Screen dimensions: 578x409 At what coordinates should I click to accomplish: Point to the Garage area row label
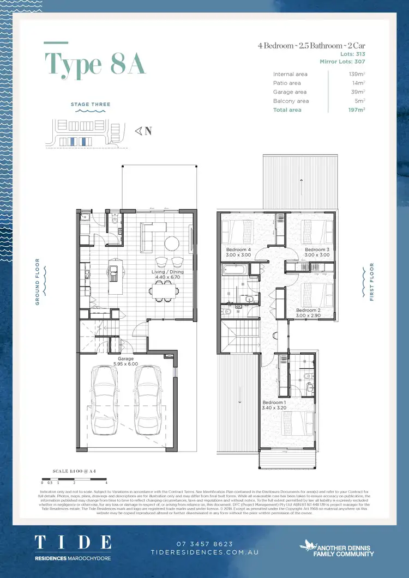[290, 92]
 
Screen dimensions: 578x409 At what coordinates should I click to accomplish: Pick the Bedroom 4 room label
[238, 252]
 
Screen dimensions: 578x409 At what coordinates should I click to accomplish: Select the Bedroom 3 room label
[317, 252]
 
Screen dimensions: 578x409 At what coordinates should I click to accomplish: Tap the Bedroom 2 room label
[308, 313]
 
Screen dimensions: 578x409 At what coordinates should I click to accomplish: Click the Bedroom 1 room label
[274, 404]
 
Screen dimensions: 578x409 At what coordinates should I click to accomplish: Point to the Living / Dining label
[167, 274]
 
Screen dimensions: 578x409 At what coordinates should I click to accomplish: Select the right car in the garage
[148, 400]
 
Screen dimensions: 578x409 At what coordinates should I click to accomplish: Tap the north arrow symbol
[143, 131]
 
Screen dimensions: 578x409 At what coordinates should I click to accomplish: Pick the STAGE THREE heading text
[91, 104]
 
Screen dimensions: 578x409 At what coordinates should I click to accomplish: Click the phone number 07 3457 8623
[204, 544]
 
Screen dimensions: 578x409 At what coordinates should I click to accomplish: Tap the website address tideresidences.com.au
[204, 552]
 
